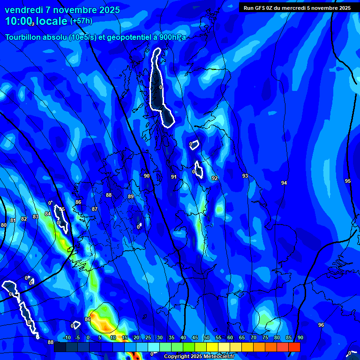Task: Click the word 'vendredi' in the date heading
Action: [23, 10]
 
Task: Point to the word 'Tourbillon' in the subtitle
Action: [24, 37]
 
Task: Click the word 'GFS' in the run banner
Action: [260, 7]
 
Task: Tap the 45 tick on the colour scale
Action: [195, 337]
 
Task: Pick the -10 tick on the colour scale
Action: [67, 337]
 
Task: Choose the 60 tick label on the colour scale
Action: [230, 337]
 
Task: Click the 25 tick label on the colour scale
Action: [148, 337]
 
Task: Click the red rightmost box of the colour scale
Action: [294, 347]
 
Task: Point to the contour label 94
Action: [284, 183]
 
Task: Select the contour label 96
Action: [321, 325]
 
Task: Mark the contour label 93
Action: [245, 176]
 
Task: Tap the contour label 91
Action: [174, 177]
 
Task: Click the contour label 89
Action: [131, 196]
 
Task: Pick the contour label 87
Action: [95, 209]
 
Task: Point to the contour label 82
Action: [24, 219]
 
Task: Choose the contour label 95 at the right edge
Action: [347, 181]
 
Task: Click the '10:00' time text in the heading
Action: [19, 21]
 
